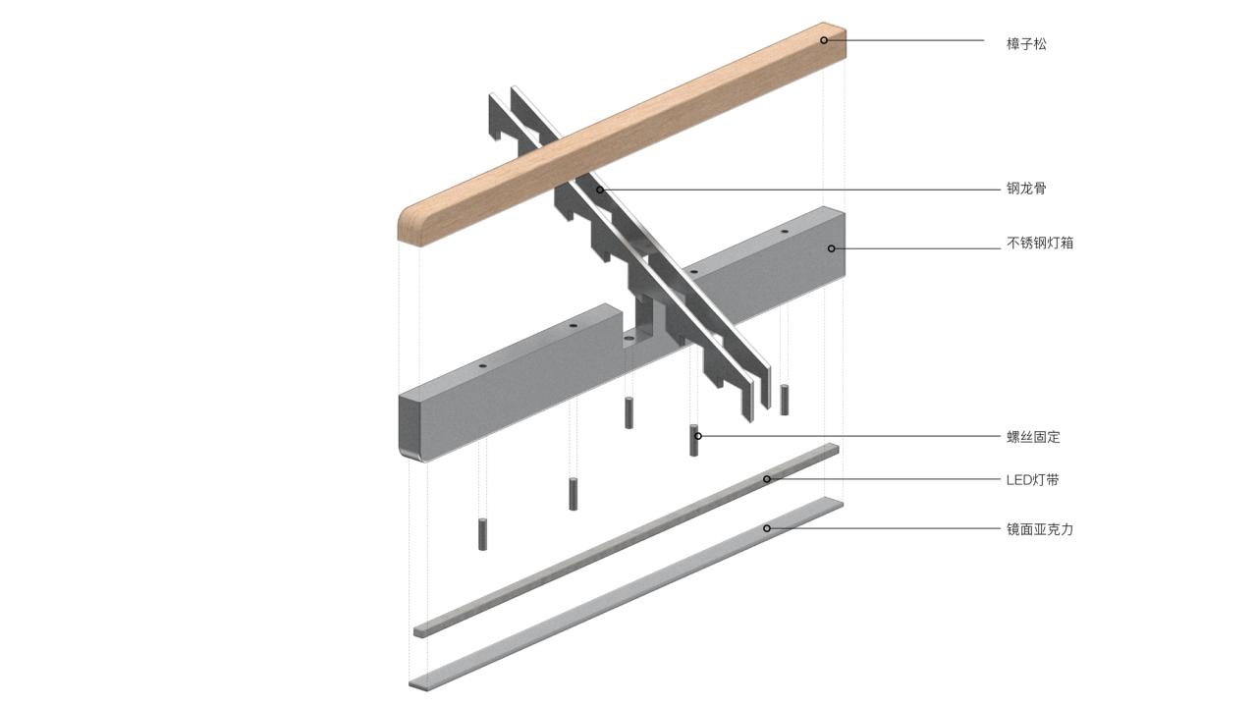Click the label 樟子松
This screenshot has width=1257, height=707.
[x=1026, y=44]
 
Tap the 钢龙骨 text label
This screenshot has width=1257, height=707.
[x=1026, y=189]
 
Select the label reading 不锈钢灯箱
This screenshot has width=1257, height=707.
[x=1040, y=243]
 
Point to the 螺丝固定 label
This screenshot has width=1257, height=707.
[x=1033, y=437]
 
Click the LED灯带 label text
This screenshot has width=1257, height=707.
[x=1032, y=480]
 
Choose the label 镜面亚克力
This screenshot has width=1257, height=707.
[x=1040, y=529]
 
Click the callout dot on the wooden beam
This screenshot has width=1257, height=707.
[x=824, y=40]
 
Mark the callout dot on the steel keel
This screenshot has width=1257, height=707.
[x=599, y=190]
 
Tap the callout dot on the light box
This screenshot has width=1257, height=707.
[x=831, y=248]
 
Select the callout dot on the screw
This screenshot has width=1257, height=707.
[x=698, y=436]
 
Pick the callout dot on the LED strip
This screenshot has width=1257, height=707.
[x=767, y=479]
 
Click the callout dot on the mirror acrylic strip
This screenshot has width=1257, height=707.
[x=767, y=528]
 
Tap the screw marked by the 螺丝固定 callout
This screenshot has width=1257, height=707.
[x=693, y=441]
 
